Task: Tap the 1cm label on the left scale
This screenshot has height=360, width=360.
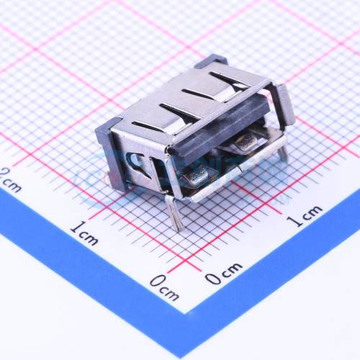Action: tap(84, 233)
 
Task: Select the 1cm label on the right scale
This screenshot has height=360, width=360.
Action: tap(305, 215)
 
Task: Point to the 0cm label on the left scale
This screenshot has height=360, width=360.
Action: tap(165, 289)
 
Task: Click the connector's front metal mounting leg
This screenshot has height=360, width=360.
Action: tap(173, 210)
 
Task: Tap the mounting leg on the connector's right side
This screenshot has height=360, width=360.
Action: tap(283, 152)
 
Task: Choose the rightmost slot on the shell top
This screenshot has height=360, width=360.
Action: tap(229, 76)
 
